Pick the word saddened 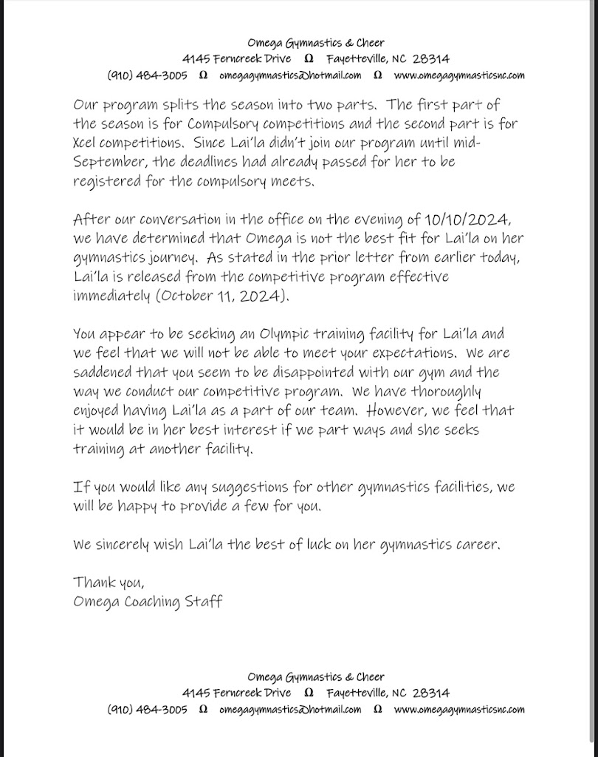(x=105, y=373)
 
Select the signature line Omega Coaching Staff (x=148, y=601)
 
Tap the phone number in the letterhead (x=148, y=75)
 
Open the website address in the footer (x=459, y=710)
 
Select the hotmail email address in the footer (x=290, y=710)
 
